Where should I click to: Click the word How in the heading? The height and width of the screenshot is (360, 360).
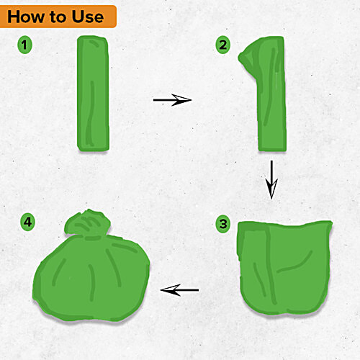[x=28, y=16]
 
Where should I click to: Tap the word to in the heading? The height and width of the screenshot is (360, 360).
[x=63, y=17]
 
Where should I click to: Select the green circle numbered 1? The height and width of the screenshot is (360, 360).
[x=27, y=45]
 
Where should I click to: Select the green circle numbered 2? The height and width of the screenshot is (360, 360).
[x=224, y=45]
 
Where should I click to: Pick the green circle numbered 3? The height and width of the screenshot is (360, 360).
[x=224, y=224]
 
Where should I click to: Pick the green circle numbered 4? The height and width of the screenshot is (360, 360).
[x=27, y=224]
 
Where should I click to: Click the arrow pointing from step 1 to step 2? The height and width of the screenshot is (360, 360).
[x=173, y=100]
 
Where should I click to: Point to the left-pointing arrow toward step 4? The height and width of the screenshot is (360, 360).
[x=179, y=290]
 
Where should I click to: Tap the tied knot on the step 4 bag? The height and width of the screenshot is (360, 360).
[x=86, y=223]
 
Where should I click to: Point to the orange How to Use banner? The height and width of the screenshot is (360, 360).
[x=58, y=16]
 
